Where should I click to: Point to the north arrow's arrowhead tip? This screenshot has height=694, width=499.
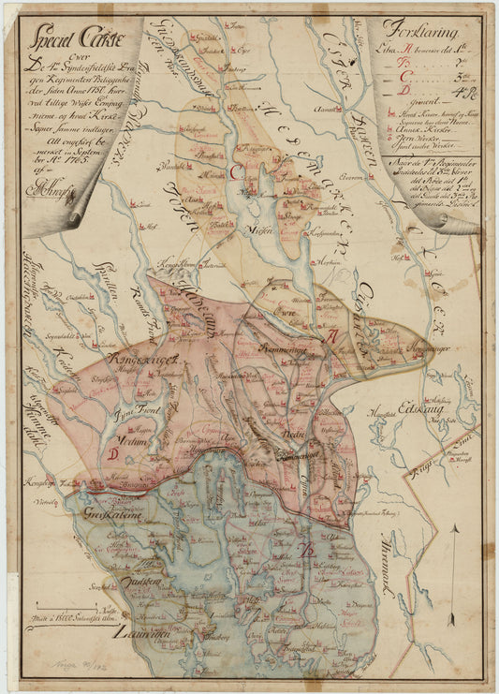[454, 527]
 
